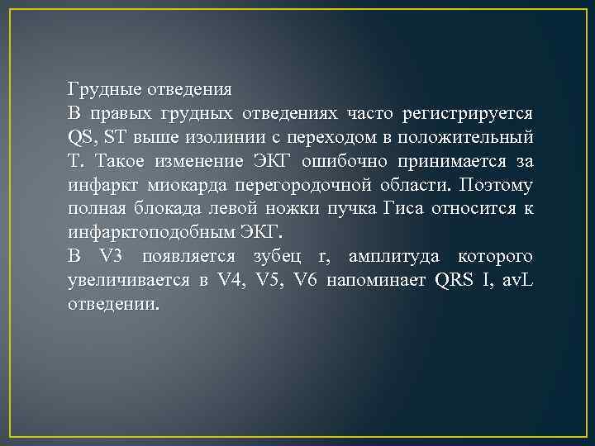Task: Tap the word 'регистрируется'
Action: pyautogui.click(x=467, y=112)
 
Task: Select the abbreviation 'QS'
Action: pyautogui.click(x=80, y=136)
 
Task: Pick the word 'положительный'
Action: pyautogui.click(x=474, y=136)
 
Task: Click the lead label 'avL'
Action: pyautogui.click(x=517, y=280)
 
